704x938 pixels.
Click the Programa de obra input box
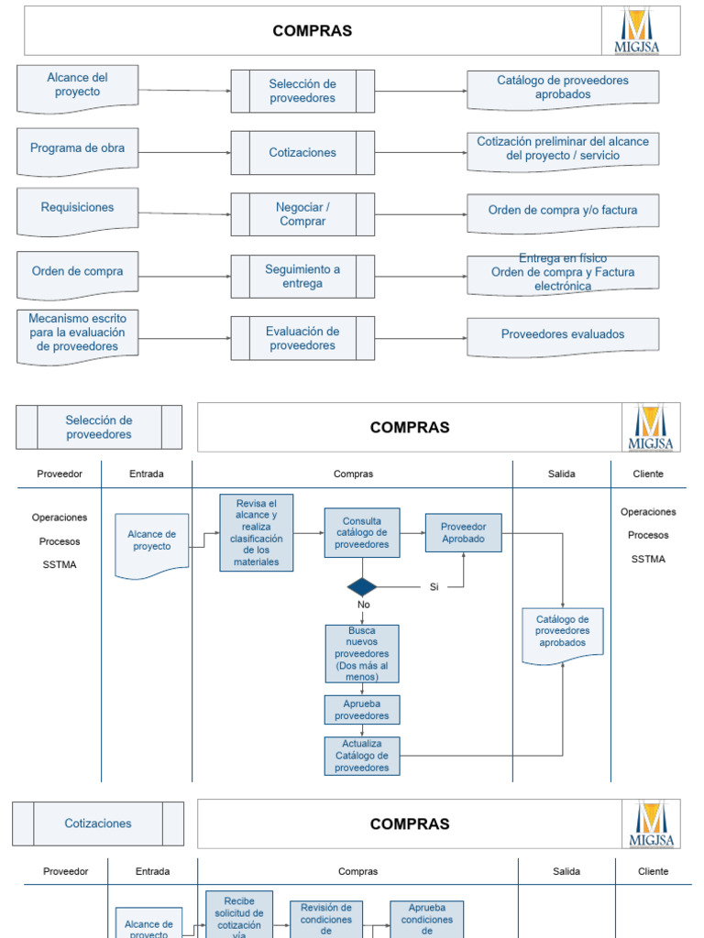[78, 149]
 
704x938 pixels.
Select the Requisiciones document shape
[78, 210]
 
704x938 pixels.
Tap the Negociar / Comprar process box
[302, 214]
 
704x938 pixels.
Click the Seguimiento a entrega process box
[302, 277]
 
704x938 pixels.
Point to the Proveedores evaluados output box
[563, 335]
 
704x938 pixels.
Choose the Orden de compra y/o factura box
[563, 212]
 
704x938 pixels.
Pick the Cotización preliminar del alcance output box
[563, 149]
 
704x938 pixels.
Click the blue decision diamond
[362, 586]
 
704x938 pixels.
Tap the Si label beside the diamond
[434, 587]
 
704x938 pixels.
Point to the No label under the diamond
[363, 605]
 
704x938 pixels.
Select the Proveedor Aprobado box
[463, 533]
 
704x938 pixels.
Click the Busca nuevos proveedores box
[362, 653]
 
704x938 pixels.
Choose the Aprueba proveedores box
[362, 710]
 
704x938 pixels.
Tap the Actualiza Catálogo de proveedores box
[362, 756]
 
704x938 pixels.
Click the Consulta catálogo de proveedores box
[362, 533]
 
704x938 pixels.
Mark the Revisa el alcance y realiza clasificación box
[257, 533]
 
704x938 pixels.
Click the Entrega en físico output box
[563, 273]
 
